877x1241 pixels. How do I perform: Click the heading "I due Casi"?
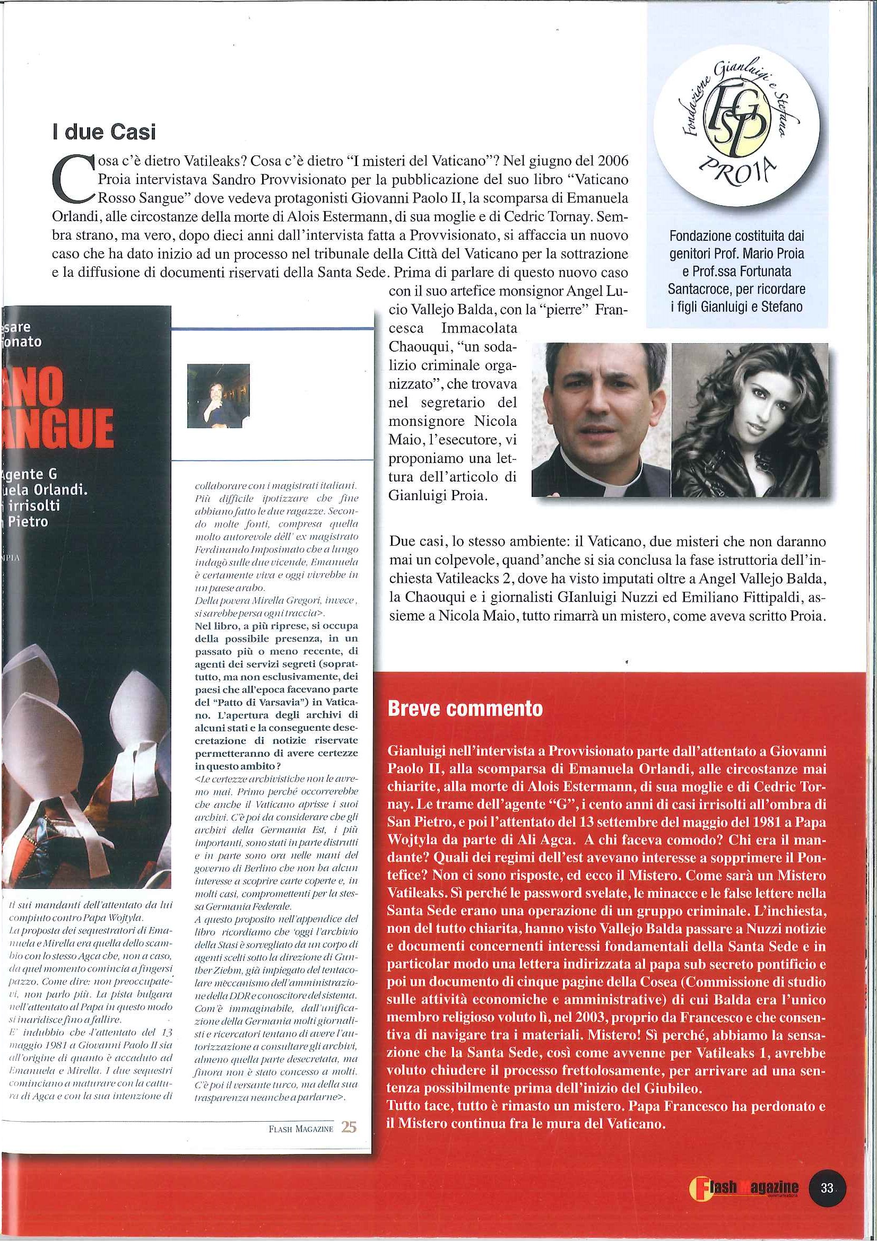tap(103, 133)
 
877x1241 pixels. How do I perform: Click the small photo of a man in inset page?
tap(218, 396)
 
